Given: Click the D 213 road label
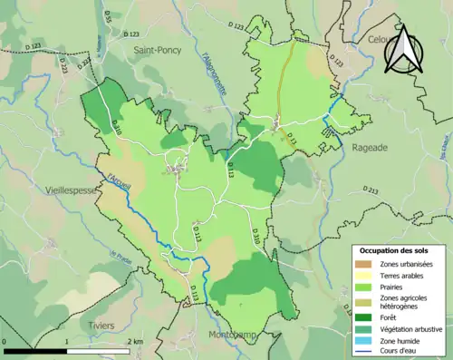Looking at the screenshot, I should (371, 190).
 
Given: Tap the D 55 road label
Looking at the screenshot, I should (107, 16).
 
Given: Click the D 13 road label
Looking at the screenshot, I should (292, 138).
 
